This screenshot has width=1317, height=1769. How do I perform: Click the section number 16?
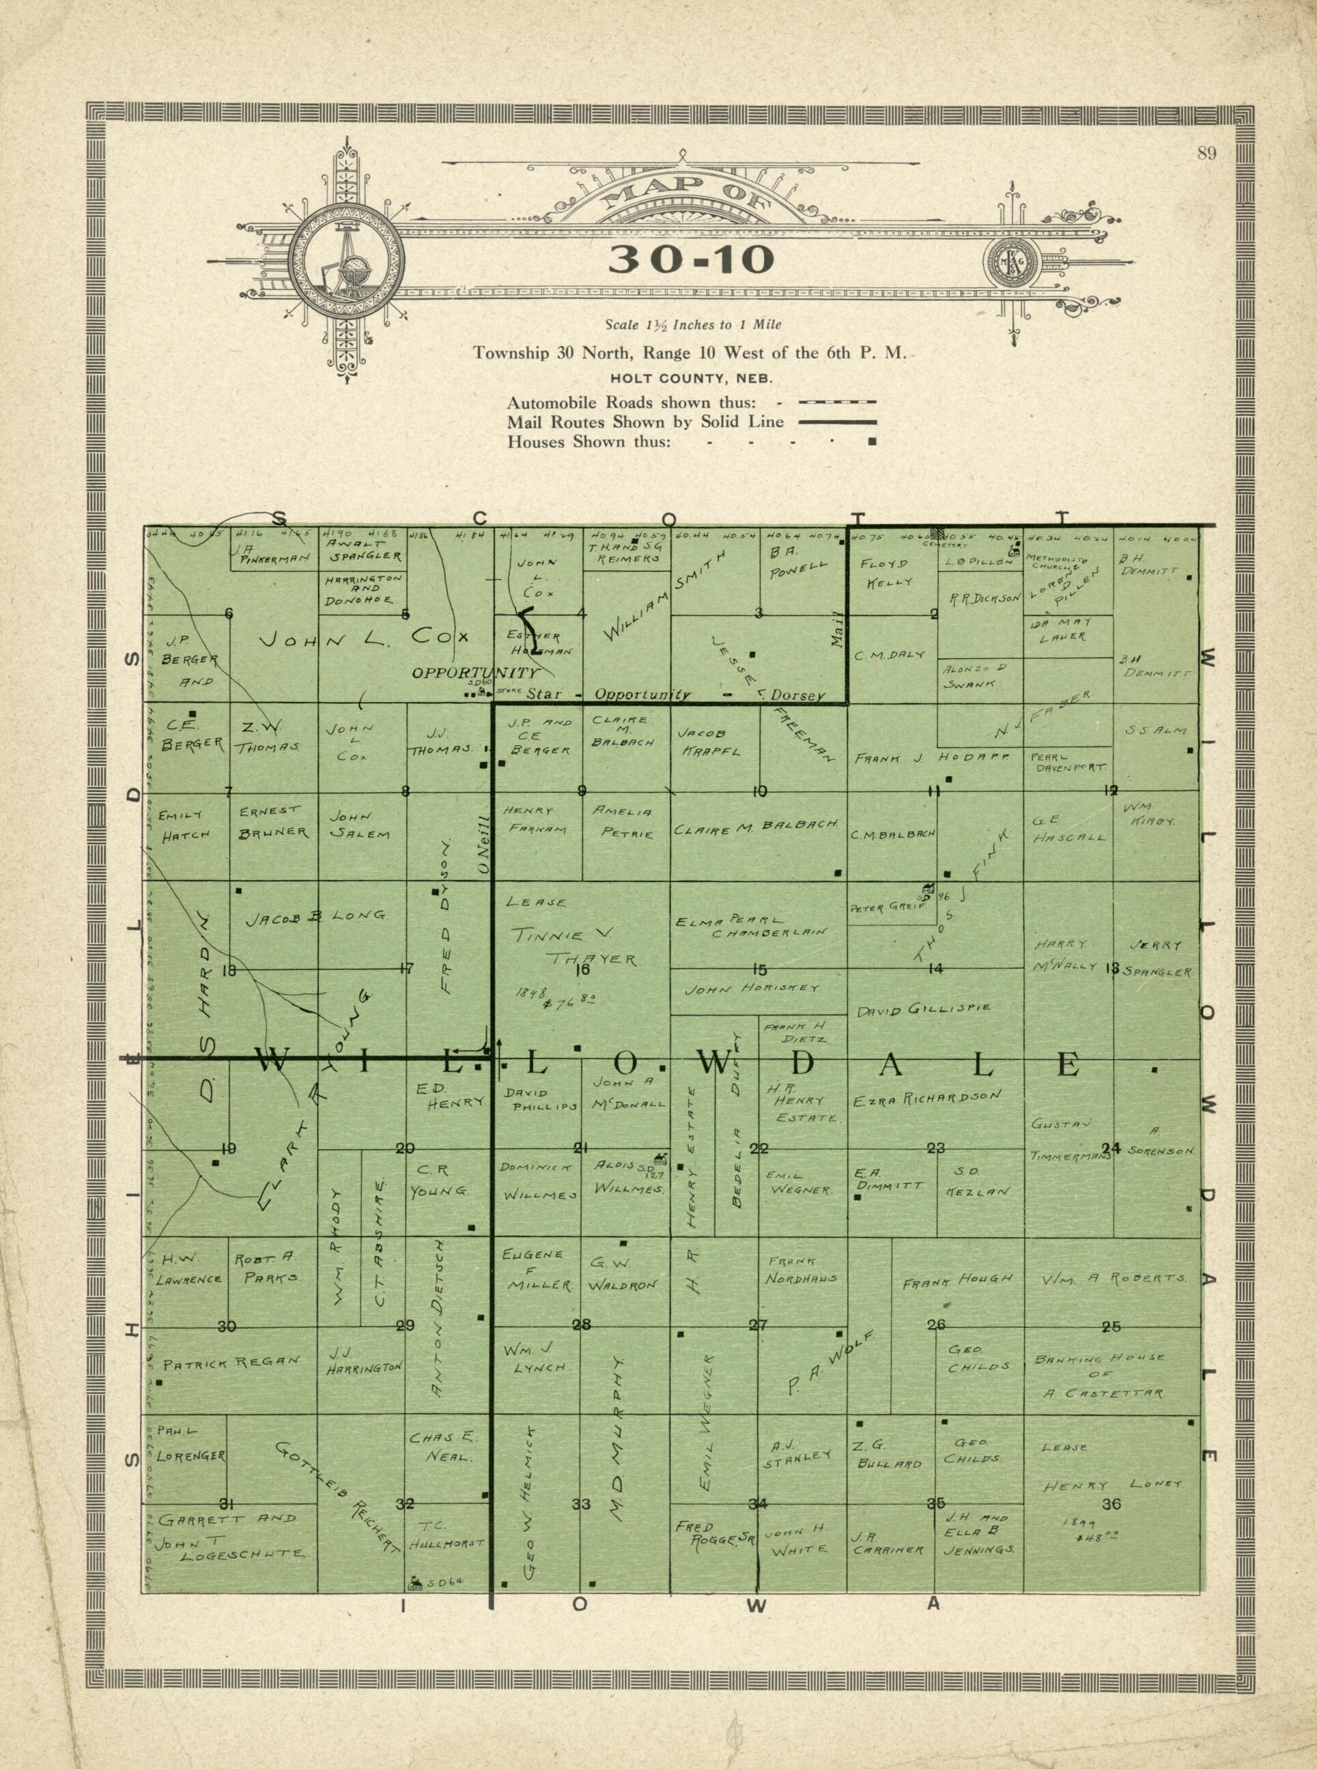tap(582, 970)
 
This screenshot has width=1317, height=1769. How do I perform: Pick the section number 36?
tap(1111, 1504)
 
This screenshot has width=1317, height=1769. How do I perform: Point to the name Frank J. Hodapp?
tap(931, 759)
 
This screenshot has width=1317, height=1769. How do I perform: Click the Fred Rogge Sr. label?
tap(713, 1534)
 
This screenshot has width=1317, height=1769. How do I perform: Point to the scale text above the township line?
tap(693, 325)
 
